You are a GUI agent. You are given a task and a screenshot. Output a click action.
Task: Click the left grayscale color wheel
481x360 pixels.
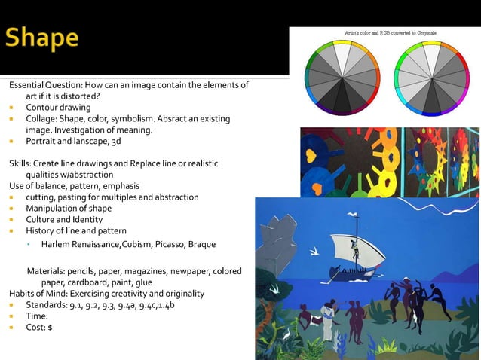(340, 76)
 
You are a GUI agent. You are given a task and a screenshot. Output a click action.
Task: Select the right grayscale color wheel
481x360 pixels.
(429, 76)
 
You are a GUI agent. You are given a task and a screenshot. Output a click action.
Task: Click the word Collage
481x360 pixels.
(41, 119)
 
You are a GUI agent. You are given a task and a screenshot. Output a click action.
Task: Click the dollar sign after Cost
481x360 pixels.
(50, 328)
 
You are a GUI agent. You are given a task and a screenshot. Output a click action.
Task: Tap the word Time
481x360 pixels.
(37, 316)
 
